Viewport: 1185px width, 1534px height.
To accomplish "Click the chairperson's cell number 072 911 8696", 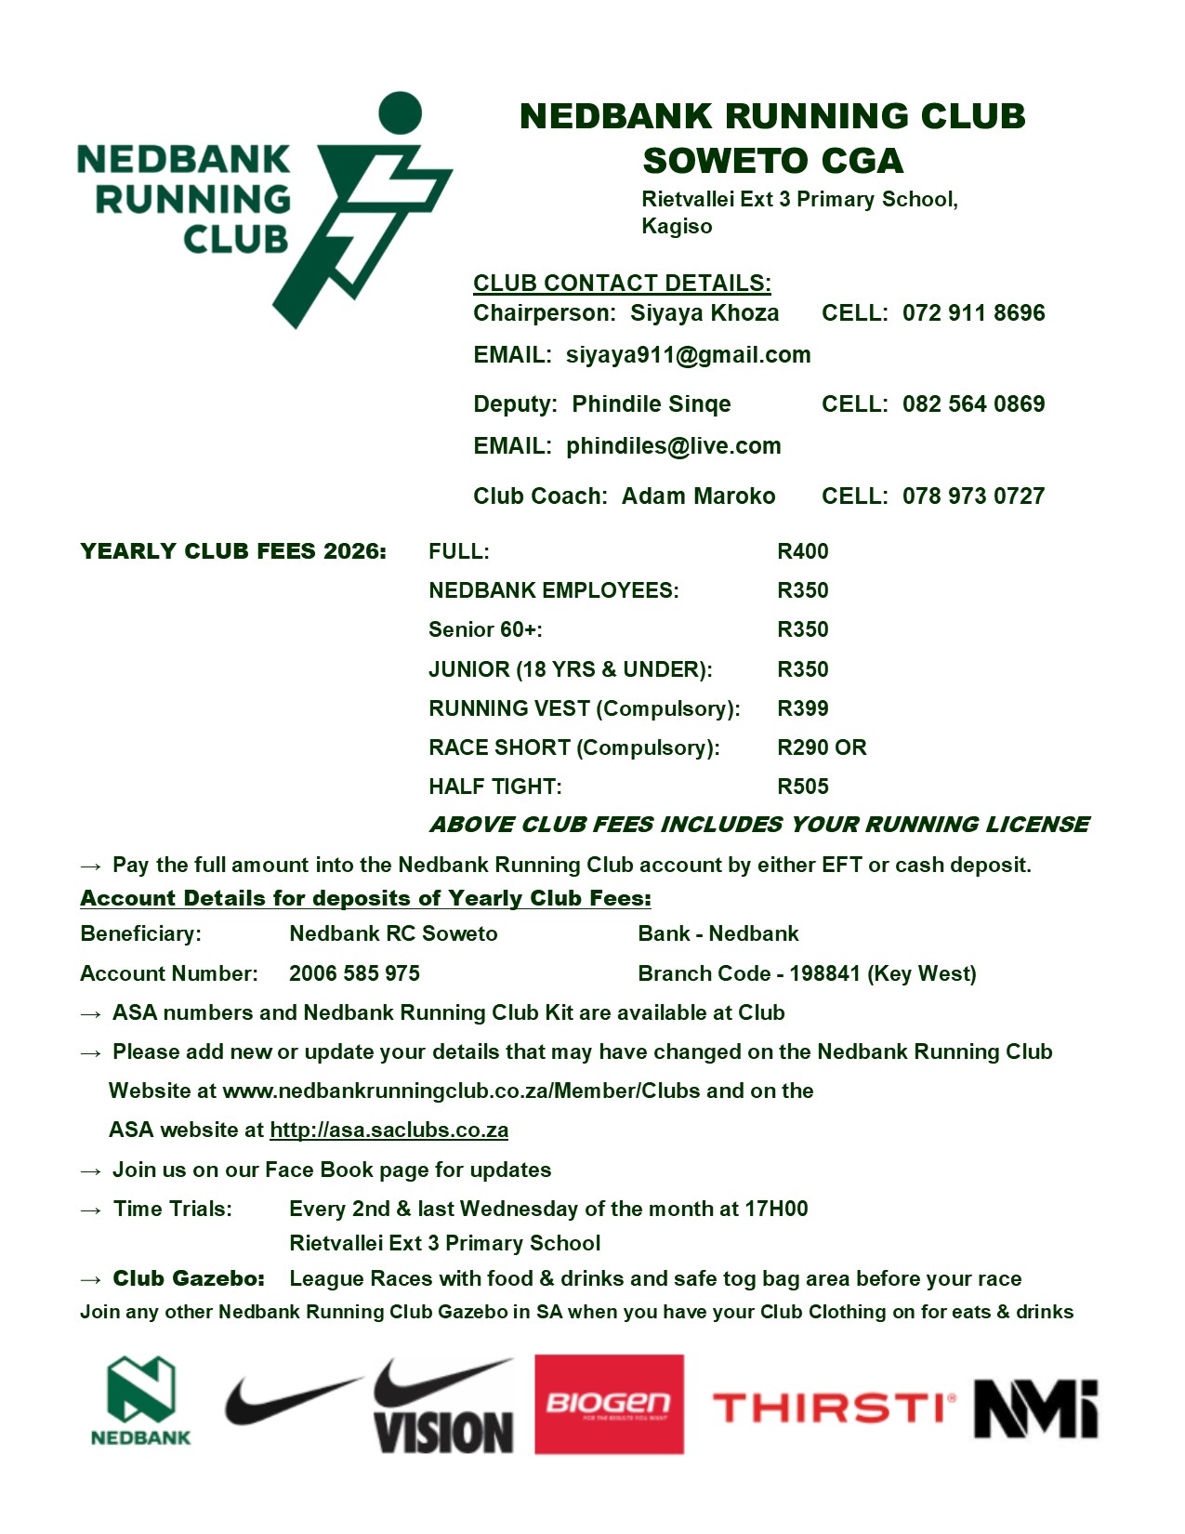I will (x=973, y=313).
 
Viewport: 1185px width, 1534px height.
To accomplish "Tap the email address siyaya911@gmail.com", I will (x=688, y=355).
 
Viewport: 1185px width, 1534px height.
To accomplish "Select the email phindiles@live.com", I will (x=673, y=446).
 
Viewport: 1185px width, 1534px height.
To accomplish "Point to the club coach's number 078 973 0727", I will (x=973, y=496).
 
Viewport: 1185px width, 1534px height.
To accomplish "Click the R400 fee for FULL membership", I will (x=802, y=551).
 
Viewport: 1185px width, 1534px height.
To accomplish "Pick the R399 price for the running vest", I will (x=802, y=708).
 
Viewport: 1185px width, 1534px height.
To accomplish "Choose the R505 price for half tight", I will (x=802, y=787).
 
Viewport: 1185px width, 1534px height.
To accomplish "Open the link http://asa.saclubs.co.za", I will (x=388, y=1131).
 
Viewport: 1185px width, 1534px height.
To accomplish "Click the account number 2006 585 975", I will (x=354, y=973).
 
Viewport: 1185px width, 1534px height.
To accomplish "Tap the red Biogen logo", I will (x=609, y=1404).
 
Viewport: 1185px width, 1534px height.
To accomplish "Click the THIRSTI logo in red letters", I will (x=833, y=1408).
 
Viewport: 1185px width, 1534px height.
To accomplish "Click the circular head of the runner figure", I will (x=401, y=112).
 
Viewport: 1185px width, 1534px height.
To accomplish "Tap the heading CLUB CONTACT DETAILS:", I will (x=622, y=284).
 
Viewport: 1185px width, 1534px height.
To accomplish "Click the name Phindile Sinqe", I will (x=651, y=404).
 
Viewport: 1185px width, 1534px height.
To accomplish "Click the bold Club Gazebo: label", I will (x=189, y=1278).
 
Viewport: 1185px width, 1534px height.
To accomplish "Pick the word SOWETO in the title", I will (x=721, y=161).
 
